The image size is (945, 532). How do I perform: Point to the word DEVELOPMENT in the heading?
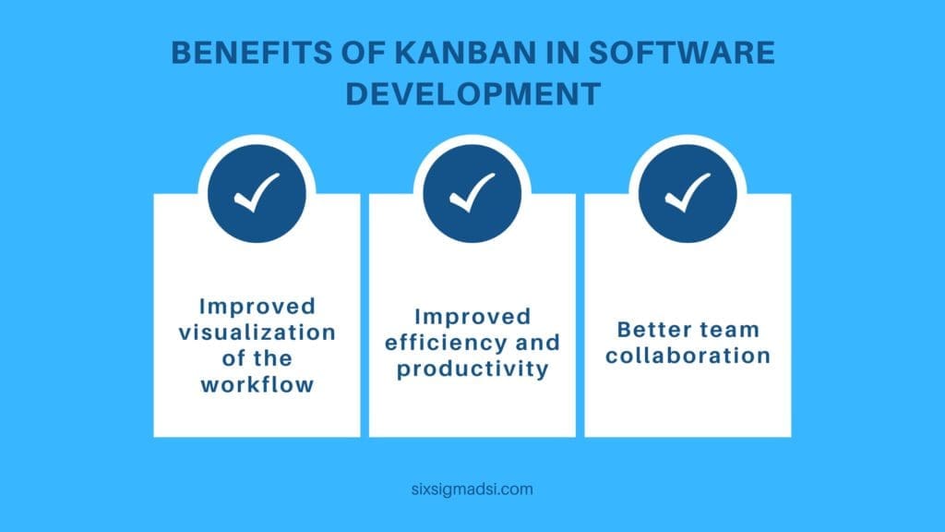pos(472,94)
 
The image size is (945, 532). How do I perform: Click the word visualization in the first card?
pos(257,332)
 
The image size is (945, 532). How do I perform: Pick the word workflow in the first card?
pos(257,384)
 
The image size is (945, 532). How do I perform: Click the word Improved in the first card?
pos(257,306)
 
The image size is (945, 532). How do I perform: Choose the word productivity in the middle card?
pos(472,369)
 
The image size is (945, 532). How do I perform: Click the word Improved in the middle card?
pos(472,317)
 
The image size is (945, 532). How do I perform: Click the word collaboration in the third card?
pos(688,356)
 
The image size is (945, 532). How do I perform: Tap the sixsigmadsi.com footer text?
pos(472,490)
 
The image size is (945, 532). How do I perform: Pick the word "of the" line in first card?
pos(257,358)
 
